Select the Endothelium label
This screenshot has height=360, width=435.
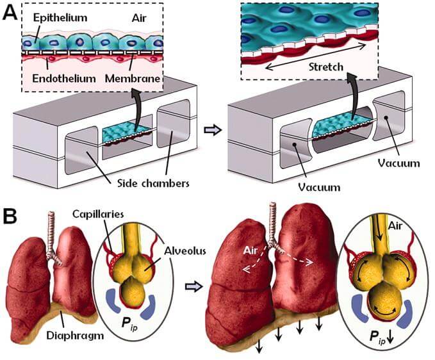click(53, 79)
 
